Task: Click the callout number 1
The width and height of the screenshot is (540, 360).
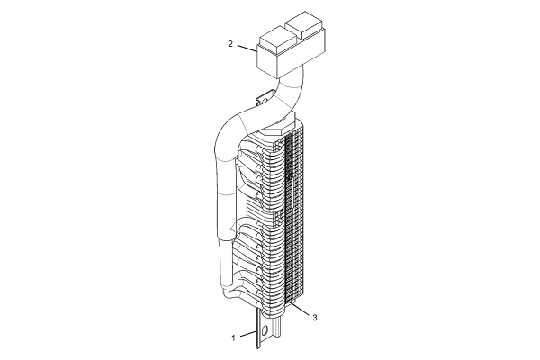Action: tap(233, 338)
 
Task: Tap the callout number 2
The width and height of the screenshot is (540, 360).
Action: tap(230, 44)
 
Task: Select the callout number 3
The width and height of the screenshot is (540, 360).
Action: tap(314, 318)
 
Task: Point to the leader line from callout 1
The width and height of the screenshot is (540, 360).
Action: tap(247, 335)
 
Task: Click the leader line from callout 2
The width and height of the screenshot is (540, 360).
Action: tap(247, 49)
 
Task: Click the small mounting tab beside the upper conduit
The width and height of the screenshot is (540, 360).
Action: tap(264, 99)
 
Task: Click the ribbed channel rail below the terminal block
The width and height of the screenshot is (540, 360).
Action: tap(277, 330)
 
